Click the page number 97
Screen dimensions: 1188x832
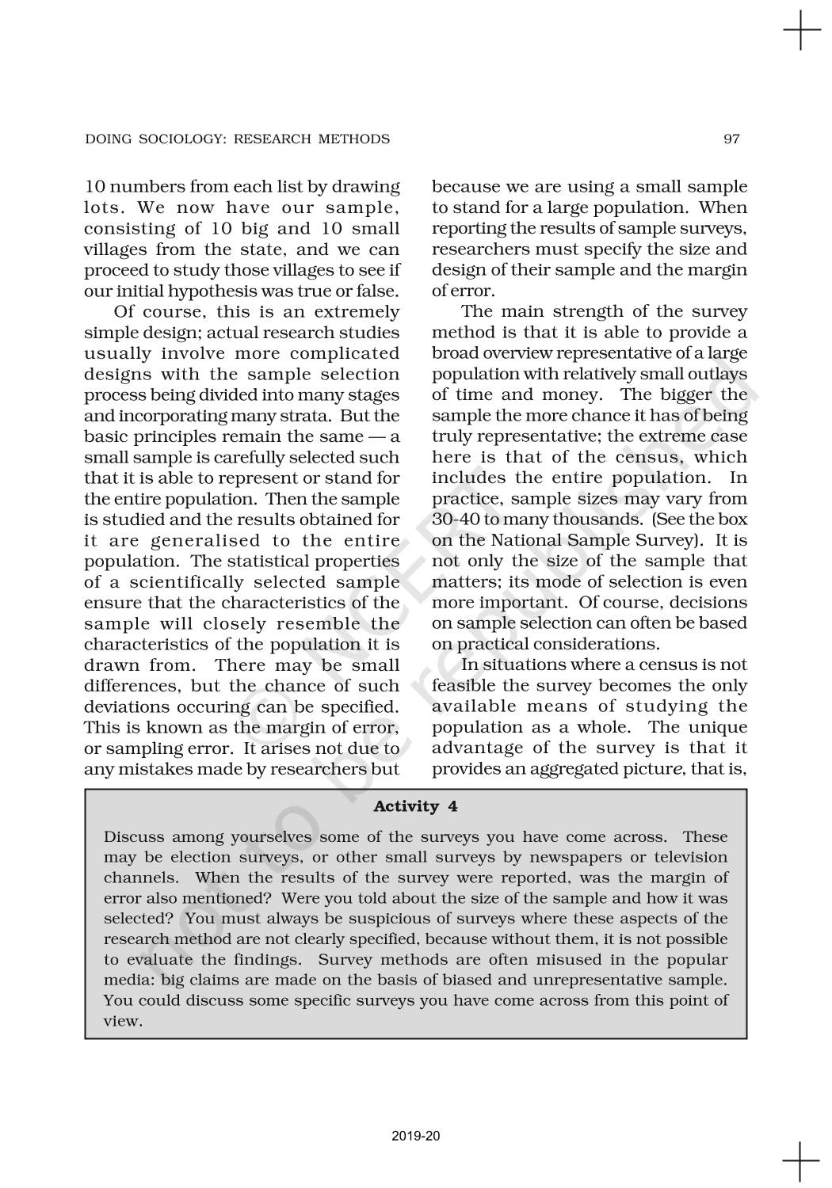click(731, 139)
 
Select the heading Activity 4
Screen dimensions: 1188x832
click(415, 806)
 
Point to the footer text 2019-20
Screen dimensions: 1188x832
click(415, 1137)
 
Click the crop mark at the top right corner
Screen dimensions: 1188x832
click(801, 31)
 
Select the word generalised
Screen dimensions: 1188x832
click(205, 540)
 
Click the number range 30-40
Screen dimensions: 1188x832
click(456, 520)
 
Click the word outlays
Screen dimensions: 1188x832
click(719, 374)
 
